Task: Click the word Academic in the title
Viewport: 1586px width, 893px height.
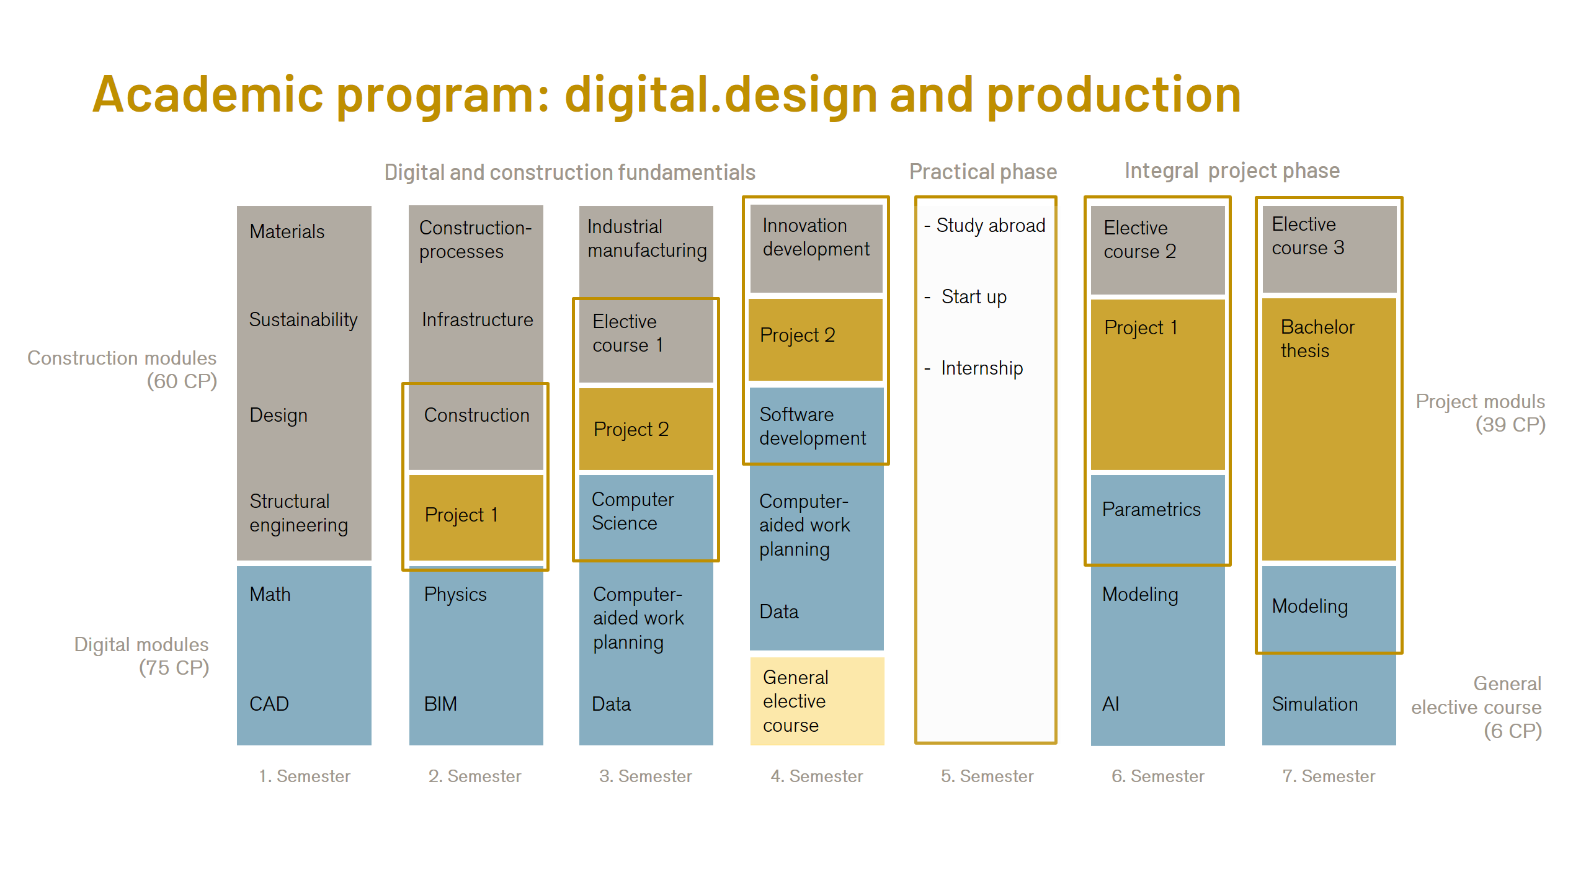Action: [208, 95]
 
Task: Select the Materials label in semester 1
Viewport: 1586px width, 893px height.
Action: [287, 232]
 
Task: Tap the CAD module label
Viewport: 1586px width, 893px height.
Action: [269, 704]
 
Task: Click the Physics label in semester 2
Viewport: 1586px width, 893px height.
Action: [455, 594]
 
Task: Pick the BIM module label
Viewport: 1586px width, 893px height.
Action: [440, 704]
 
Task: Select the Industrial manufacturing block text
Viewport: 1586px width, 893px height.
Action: [646, 239]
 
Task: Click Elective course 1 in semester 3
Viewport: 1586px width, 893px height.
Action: [628, 334]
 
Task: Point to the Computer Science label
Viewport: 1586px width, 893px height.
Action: [632, 511]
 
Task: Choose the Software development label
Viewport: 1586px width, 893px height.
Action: [812, 426]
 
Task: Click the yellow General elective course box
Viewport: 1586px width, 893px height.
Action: [817, 701]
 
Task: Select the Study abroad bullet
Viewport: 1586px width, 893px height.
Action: [990, 226]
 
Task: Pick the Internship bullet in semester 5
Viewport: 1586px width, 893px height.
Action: [981, 368]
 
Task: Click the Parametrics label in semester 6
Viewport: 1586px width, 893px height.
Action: [1151, 510]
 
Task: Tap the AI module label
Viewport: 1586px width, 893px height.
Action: [1111, 704]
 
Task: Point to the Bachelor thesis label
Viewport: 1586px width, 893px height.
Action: [1317, 339]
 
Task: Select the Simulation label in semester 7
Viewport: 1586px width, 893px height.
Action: [1314, 704]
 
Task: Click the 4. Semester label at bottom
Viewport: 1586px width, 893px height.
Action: [816, 776]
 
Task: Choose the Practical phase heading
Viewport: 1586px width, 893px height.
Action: [982, 172]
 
